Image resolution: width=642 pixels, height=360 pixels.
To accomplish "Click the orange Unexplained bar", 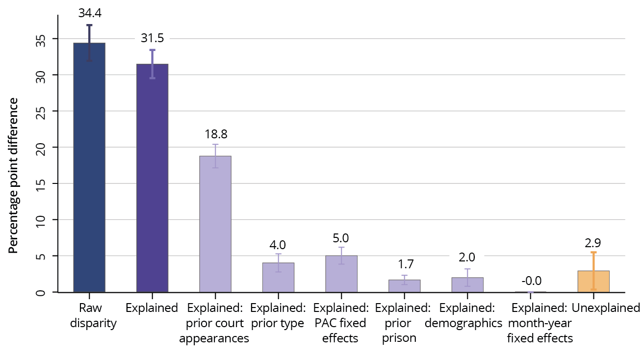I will (x=593, y=282).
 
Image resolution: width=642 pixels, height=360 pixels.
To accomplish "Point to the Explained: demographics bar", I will (x=467, y=285).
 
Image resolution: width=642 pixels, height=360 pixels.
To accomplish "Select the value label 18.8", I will (x=215, y=134).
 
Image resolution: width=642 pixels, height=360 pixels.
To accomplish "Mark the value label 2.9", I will (x=593, y=242).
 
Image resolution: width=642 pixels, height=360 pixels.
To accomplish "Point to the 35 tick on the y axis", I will (x=44, y=39).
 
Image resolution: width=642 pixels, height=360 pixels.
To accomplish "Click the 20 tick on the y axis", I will (x=44, y=147).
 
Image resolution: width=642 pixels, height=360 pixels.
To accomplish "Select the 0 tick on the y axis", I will (x=44, y=292).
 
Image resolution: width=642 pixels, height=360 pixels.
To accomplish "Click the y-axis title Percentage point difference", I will (x=14, y=176).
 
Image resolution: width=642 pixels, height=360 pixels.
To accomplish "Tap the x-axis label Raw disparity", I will (x=93, y=316).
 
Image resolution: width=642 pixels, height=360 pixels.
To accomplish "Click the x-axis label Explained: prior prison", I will (x=403, y=323).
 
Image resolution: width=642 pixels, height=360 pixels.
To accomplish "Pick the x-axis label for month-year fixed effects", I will (x=539, y=323).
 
